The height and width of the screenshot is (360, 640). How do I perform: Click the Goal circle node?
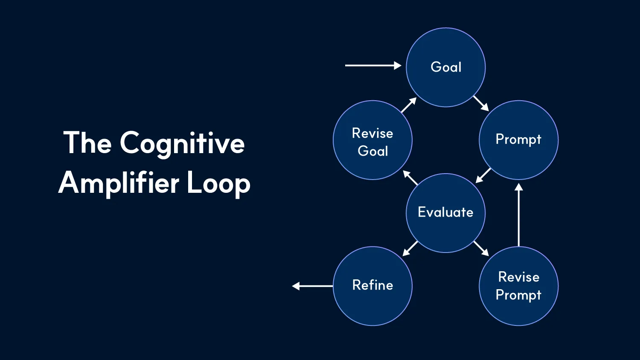[x=445, y=67]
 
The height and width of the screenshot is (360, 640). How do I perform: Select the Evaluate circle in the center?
[x=445, y=212]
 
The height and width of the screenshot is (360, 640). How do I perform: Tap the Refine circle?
[x=372, y=285]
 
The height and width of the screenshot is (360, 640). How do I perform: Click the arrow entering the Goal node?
[x=373, y=65]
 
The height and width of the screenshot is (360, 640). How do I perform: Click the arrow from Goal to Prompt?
[x=481, y=103]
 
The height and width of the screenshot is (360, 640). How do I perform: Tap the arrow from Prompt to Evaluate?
[x=483, y=175]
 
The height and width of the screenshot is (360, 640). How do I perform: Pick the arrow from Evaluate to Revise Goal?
[x=410, y=178]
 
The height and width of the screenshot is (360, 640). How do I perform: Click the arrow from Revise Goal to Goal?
[x=409, y=105]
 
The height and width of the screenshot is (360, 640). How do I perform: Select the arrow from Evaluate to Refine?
[x=410, y=248]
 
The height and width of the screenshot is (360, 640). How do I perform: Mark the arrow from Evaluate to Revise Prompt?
[x=481, y=248]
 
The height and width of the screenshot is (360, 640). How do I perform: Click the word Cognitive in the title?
[x=182, y=144]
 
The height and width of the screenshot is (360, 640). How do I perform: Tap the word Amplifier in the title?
[x=119, y=183]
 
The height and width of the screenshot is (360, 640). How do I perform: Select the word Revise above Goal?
[x=372, y=133]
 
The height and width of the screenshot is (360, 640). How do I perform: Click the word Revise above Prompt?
[x=519, y=277]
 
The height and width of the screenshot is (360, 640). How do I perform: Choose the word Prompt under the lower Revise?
[x=518, y=295]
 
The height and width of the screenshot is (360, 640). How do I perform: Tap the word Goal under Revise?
[x=373, y=151]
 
